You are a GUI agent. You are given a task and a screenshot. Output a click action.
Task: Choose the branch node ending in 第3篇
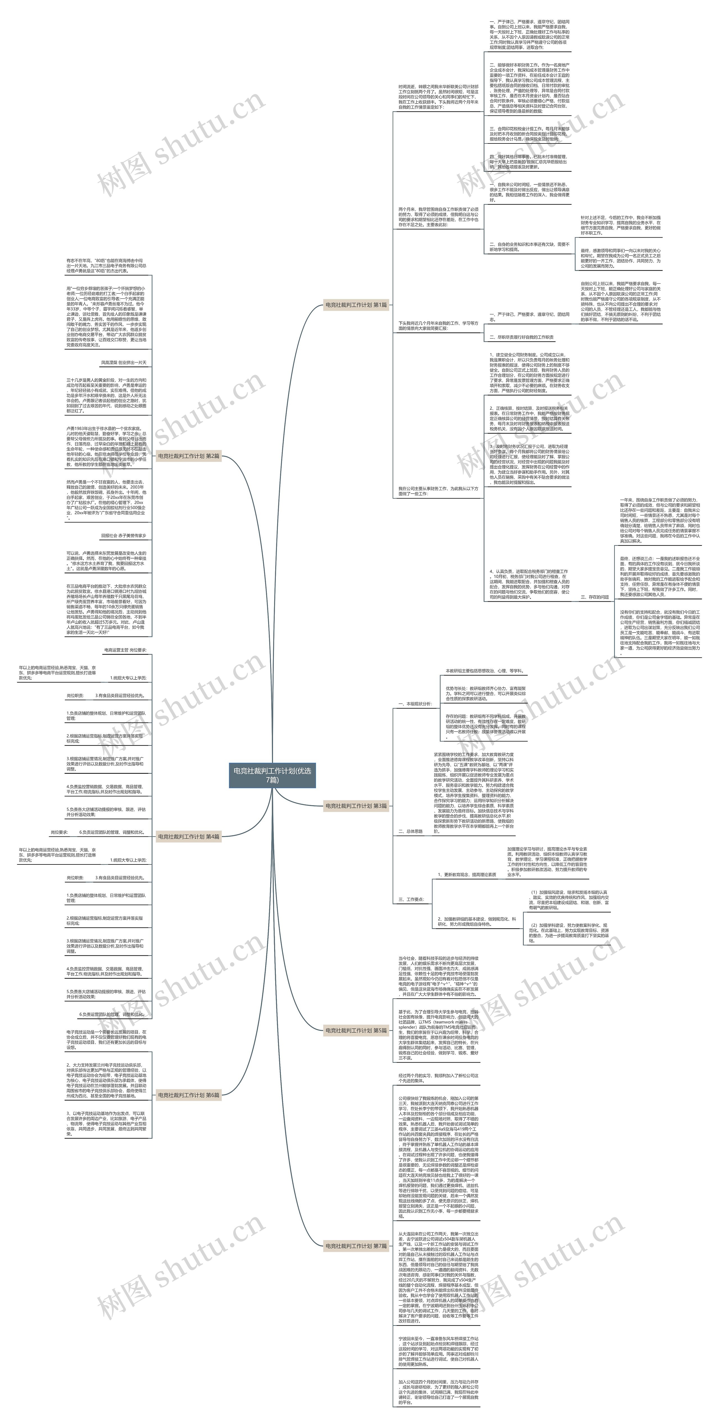tap(356, 806)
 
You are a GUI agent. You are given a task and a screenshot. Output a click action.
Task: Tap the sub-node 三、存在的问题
tap(595, 597)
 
